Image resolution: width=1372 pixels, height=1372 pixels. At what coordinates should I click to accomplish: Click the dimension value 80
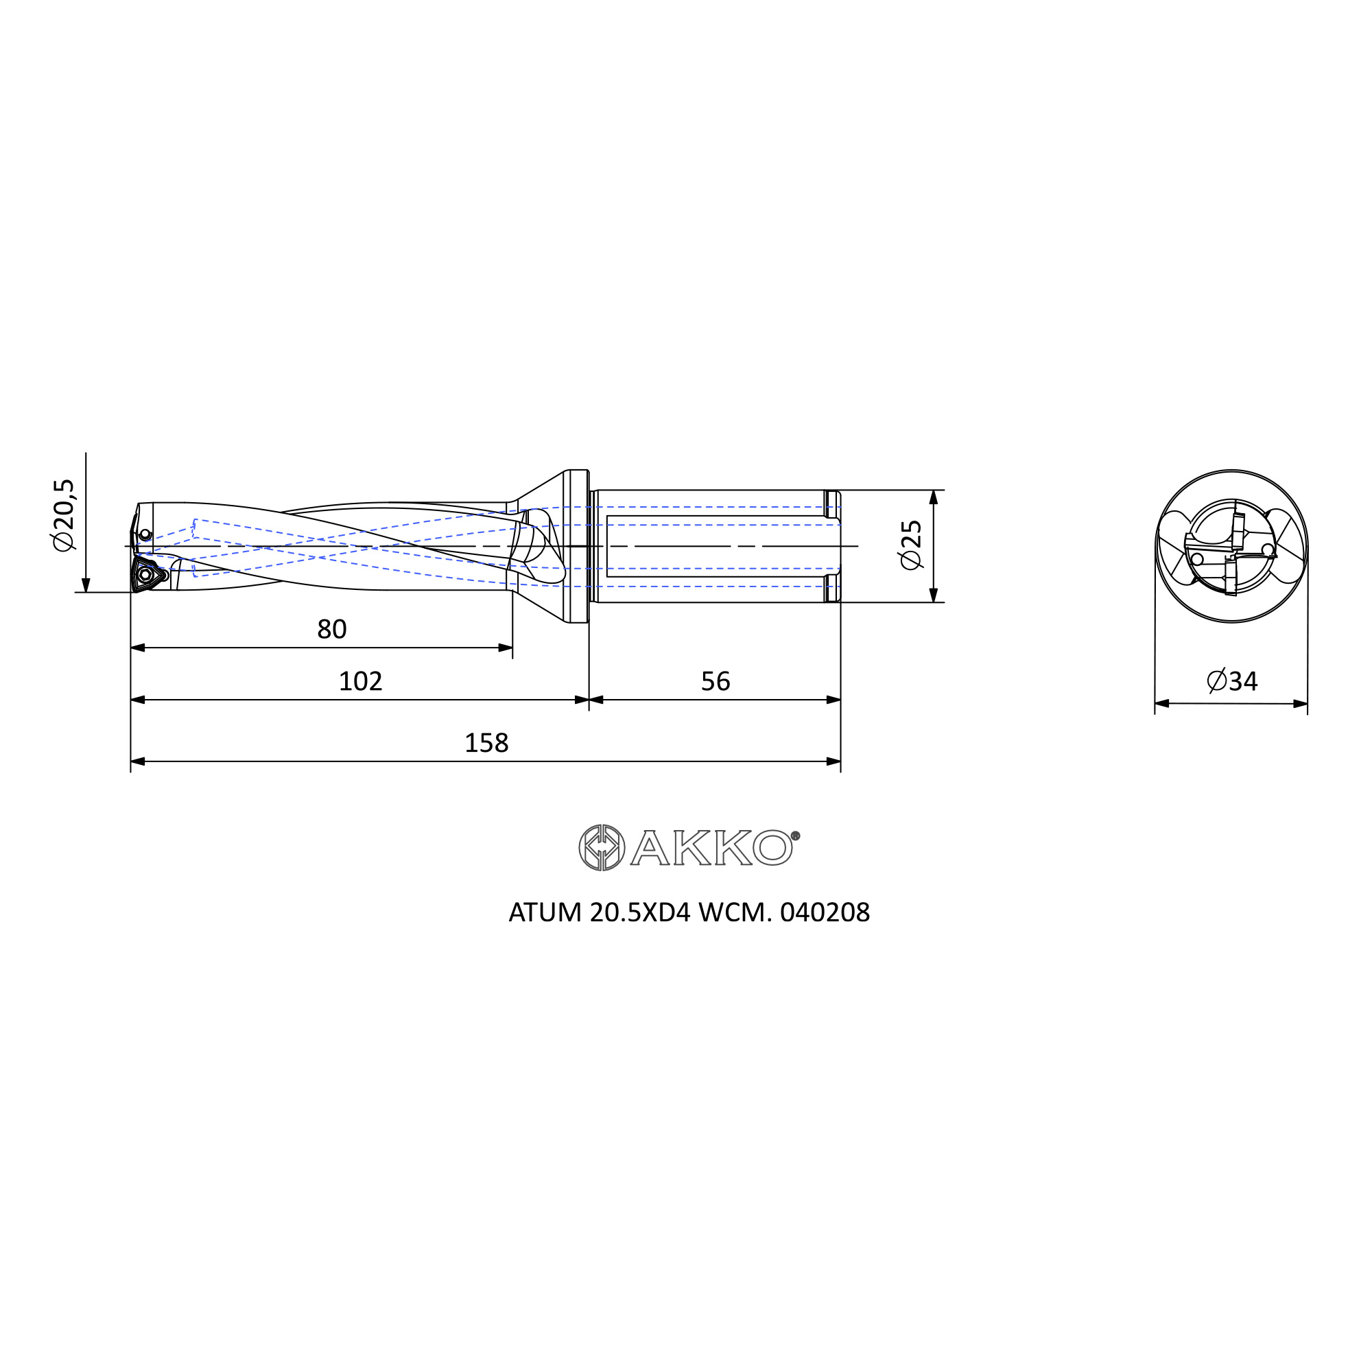click(x=331, y=629)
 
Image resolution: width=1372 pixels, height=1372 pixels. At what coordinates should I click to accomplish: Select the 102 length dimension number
click(x=360, y=681)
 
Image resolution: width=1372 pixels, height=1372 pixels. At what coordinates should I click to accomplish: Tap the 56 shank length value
click(x=715, y=681)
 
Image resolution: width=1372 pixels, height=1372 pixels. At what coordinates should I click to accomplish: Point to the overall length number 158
click(x=486, y=743)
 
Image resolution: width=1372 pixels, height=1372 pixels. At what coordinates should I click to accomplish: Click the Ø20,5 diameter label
click(x=63, y=515)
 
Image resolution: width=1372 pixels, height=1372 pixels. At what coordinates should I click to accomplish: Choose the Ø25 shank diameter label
click(x=910, y=545)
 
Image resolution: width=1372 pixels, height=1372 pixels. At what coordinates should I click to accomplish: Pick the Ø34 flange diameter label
click(x=1232, y=681)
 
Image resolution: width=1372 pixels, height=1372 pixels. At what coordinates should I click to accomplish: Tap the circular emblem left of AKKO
click(x=602, y=847)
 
